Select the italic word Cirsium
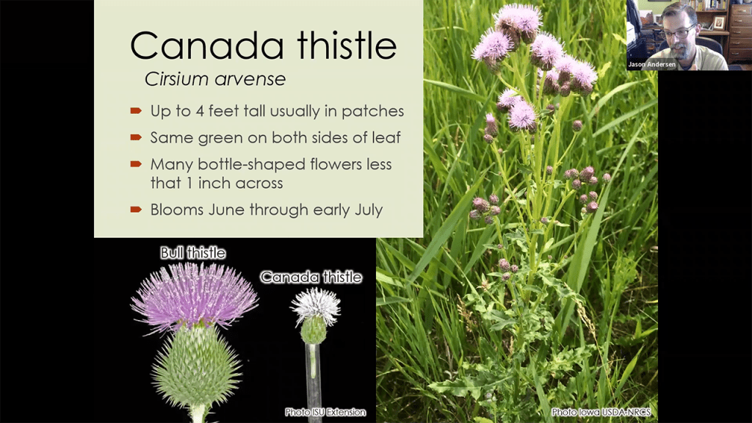176,79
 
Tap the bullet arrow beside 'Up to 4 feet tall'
136,112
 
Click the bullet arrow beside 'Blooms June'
136,209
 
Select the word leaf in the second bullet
386,137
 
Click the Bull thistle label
193,253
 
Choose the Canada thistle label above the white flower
311,277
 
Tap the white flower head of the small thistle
316,305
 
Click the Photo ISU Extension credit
325,412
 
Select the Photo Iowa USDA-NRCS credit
601,412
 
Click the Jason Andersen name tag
652,65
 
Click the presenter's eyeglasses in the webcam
678,32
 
